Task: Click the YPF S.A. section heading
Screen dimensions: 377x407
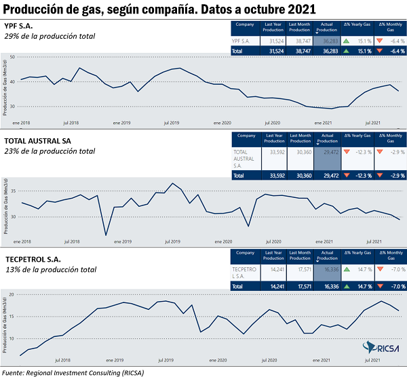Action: click(x=20, y=26)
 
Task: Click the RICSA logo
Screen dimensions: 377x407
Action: click(x=381, y=348)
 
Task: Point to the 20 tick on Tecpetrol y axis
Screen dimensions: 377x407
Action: click(x=12, y=295)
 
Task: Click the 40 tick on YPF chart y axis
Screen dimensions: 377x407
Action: click(x=12, y=82)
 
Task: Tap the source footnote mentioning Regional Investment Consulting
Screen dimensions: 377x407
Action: click(x=73, y=372)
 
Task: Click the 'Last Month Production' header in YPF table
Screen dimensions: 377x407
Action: click(x=300, y=27)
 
